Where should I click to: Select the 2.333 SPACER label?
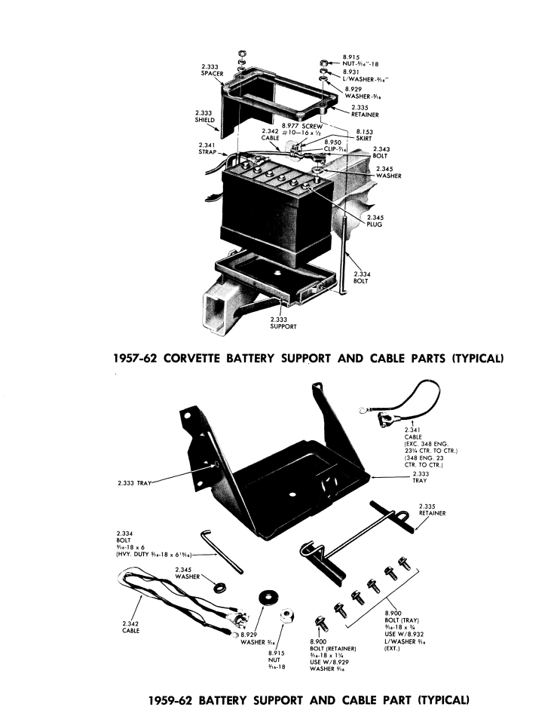tap(210, 70)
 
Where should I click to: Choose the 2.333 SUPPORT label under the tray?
tap(283, 325)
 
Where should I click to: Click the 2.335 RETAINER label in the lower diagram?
tap(432, 510)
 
